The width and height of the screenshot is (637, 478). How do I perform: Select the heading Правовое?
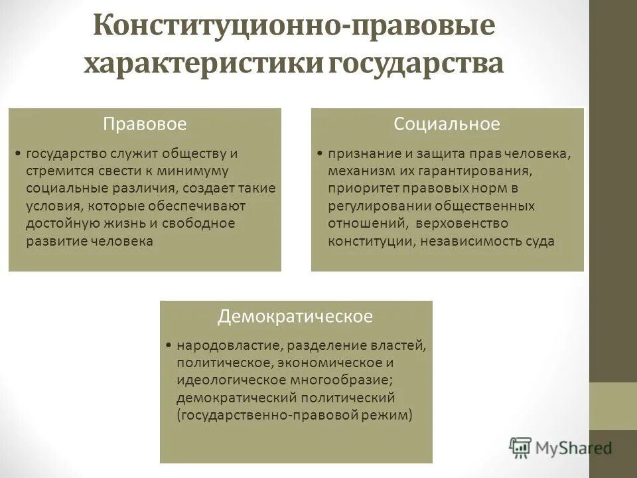click(144, 124)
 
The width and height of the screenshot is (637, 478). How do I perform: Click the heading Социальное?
click(446, 124)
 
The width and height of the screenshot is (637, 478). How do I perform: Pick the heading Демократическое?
click(295, 317)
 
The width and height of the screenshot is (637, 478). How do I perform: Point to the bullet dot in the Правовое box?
click(18, 154)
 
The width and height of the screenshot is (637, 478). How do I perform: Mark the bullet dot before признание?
click(319, 154)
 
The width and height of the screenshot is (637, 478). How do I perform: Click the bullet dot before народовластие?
click(169, 346)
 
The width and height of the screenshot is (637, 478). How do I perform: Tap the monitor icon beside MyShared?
click(520, 447)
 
